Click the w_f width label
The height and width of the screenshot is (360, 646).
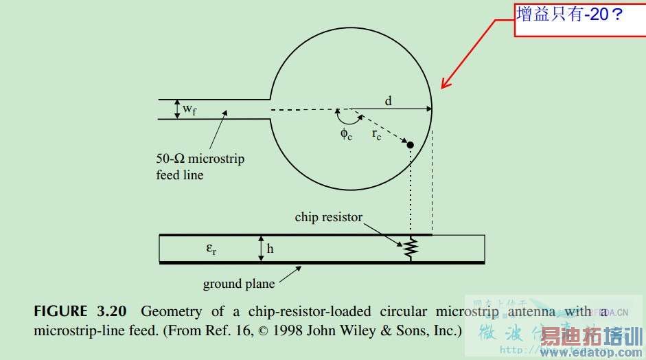click(x=189, y=110)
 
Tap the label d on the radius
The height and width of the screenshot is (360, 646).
click(x=388, y=101)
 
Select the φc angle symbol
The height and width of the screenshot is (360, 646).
click(x=346, y=133)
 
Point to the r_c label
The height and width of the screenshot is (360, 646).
click(x=377, y=135)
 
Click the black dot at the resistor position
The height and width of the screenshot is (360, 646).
click(x=410, y=145)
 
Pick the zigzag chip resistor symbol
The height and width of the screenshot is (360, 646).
click(x=411, y=249)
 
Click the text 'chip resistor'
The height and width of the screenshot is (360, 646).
click(x=328, y=217)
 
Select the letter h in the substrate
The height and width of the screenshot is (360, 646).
click(x=270, y=249)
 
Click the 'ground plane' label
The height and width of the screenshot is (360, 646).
click(x=239, y=284)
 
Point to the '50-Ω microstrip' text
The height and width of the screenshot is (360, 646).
click(x=200, y=159)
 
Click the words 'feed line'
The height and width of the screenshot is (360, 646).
click(x=180, y=175)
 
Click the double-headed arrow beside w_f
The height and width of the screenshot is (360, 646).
click(x=176, y=109)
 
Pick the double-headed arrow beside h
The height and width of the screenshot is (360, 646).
click(x=260, y=249)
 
